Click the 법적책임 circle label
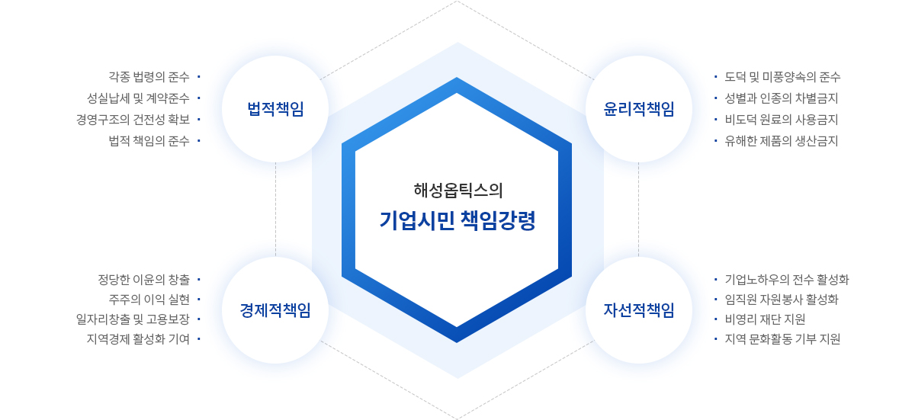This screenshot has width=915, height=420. click(275, 109)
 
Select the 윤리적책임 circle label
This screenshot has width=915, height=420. click(639, 109)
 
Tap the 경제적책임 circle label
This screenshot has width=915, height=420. click(275, 310)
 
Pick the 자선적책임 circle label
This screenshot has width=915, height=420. click(639, 310)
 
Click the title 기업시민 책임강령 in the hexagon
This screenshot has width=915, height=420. click(457, 221)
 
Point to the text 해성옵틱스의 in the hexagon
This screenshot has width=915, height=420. click(458, 191)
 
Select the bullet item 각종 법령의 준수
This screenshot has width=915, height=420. click(149, 77)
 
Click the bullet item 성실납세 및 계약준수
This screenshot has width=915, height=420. click(138, 98)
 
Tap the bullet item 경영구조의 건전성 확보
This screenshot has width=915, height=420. click(133, 119)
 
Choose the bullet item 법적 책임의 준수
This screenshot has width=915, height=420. click(149, 141)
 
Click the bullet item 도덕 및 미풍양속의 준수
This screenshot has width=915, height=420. click(782, 77)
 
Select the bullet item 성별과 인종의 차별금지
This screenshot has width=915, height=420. click(781, 98)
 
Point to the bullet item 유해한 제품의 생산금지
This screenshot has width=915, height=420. click(781, 141)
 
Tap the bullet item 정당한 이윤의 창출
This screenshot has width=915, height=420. click(144, 280)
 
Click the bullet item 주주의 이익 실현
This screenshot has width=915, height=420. click(149, 300)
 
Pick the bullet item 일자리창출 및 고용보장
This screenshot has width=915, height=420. click(133, 319)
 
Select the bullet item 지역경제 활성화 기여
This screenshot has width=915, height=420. click(138, 338)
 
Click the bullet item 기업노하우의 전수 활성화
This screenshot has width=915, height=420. click(787, 280)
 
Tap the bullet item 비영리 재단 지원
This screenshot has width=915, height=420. click(765, 319)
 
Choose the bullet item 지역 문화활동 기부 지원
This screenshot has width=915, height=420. click(782, 338)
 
